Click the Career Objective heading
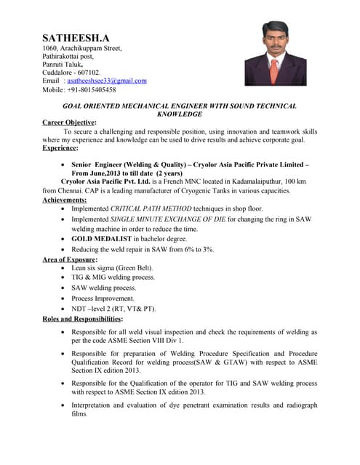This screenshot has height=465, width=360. coord(69,123)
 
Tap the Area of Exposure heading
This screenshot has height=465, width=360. coord(70,259)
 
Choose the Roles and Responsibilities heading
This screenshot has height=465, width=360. coord(82,319)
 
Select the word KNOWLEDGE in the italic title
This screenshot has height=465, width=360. coord(180,115)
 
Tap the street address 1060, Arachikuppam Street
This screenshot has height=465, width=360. coord(81,46)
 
